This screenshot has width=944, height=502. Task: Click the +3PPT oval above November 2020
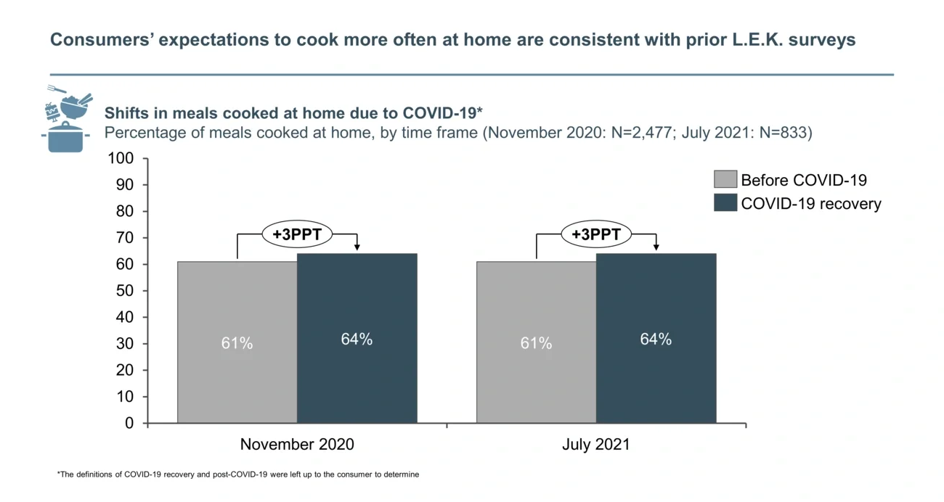point(297,234)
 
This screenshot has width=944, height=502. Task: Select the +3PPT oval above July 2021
point(596,234)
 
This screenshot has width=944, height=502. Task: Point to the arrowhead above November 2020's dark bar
point(357,248)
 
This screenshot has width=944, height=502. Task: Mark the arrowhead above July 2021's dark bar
point(656,248)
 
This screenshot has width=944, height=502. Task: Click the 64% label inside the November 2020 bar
point(357,339)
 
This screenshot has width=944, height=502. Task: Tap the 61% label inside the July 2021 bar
point(536,343)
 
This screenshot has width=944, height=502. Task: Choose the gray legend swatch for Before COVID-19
point(725,180)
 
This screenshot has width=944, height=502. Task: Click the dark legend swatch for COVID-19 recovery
point(725,203)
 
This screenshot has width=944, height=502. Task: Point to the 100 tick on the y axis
point(121,158)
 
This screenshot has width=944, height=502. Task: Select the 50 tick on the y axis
point(125,291)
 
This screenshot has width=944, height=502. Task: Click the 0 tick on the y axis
point(129,423)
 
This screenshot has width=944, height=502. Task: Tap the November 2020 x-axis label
point(297,444)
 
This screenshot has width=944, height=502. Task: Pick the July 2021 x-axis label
point(595,444)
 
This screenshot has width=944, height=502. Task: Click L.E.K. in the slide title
point(754,39)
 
